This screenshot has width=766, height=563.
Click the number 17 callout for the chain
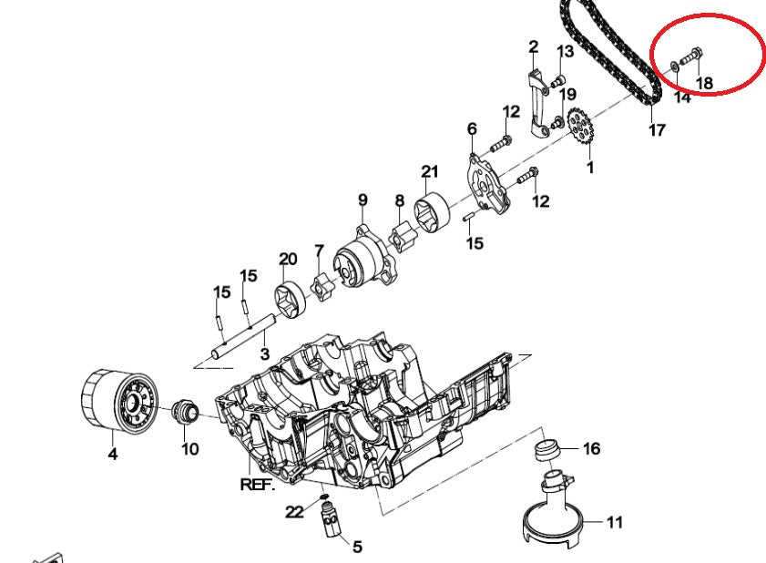(x=657, y=130)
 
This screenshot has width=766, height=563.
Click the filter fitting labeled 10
(x=186, y=412)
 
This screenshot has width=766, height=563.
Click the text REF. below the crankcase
(x=257, y=485)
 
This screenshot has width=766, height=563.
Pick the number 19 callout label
(x=567, y=94)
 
